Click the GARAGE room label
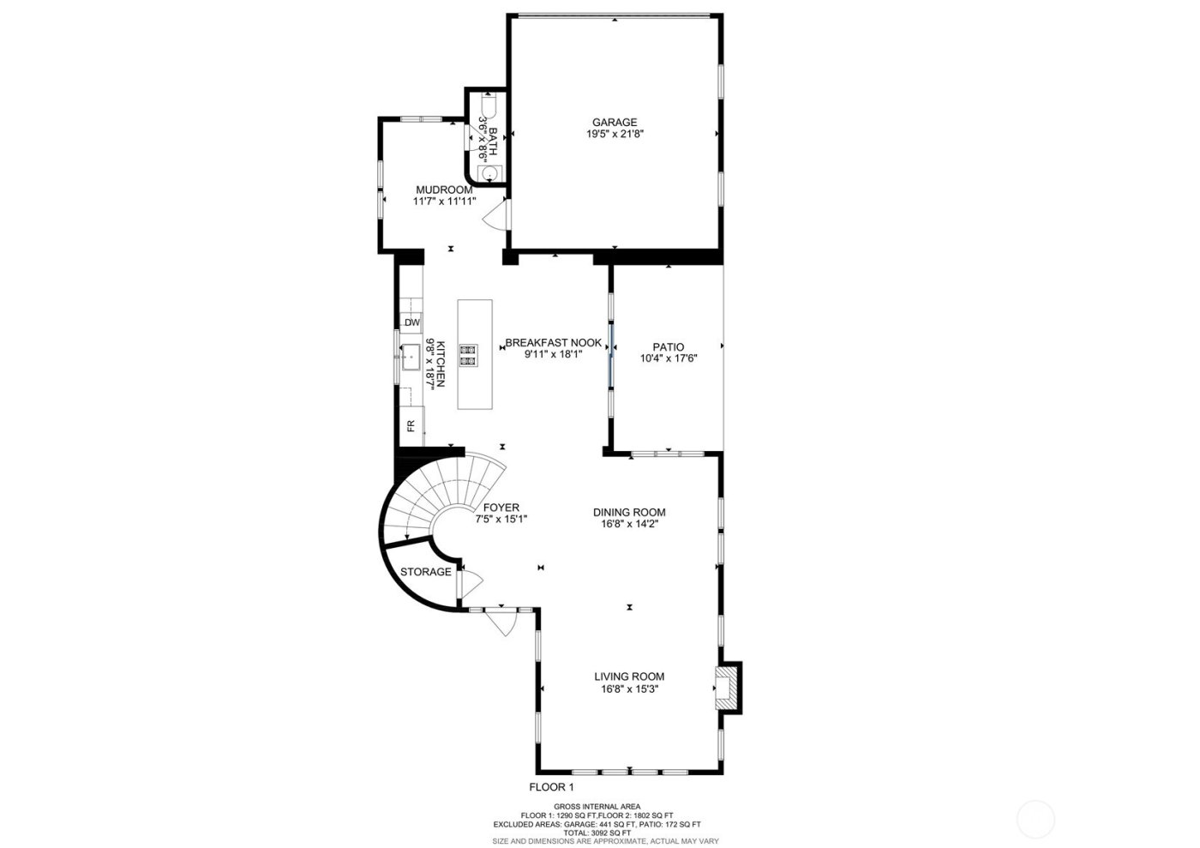point(614,123)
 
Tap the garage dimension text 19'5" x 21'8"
point(614,135)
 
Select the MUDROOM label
point(444,189)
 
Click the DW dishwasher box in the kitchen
point(412,323)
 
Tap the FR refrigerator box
point(411,425)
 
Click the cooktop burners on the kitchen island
point(468,355)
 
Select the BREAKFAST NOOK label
point(553,342)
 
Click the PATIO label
point(669,347)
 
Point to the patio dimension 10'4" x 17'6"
point(669,359)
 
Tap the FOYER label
point(501,508)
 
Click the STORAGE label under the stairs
point(426,572)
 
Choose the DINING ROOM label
point(629,513)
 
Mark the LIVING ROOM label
point(629,677)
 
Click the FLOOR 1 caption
point(550,787)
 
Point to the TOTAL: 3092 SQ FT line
point(597,833)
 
